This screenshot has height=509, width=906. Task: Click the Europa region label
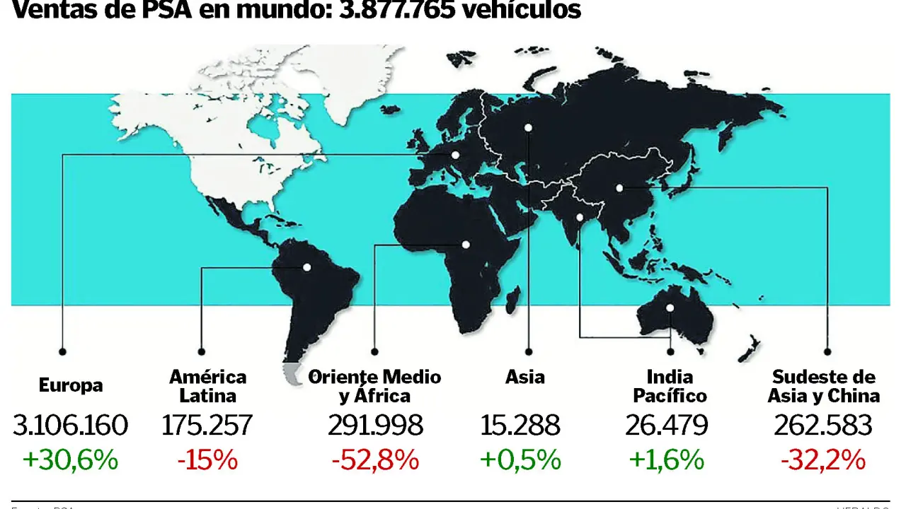[x=71, y=386]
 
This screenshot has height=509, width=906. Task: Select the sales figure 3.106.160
[x=71, y=426]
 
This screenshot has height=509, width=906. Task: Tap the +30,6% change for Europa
[x=71, y=460]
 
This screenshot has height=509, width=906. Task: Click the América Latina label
[x=207, y=386]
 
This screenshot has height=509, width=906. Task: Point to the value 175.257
[x=207, y=426]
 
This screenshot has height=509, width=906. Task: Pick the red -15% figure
[x=207, y=460]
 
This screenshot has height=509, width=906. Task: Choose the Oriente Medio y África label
[x=375, y=386]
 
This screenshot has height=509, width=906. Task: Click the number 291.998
[x=375, y=426]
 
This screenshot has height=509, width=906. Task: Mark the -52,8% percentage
[x=375, y=460]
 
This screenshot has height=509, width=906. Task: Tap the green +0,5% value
[x=520, y=460]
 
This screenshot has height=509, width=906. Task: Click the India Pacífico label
[x=670, y=386]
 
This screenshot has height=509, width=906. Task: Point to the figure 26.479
[x=666, y=426]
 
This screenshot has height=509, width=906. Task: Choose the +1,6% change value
[x=666, y=460]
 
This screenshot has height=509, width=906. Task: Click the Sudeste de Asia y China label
[x=824, y=386]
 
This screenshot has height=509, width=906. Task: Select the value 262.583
[x=822, y=426]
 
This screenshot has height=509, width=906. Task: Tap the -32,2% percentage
[x=823, y=460]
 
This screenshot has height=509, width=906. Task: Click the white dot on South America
[x=307, y=267]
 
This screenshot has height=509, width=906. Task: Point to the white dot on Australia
[x=670, y=308]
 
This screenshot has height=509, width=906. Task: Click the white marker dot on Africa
[x=466, y=245]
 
